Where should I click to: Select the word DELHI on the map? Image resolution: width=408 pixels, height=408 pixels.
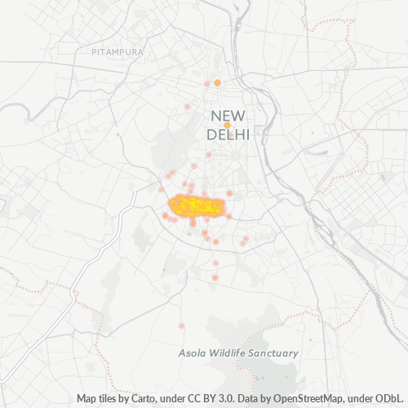229,134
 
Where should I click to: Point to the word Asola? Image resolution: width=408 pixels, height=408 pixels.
193,353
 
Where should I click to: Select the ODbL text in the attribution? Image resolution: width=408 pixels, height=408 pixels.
388,399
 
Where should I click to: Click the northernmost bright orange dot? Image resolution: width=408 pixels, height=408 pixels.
217,82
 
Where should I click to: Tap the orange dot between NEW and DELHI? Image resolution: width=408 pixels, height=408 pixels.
216,126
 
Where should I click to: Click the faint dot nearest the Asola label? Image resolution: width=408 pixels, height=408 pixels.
181,325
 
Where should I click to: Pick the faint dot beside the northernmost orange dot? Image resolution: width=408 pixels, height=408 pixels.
207,83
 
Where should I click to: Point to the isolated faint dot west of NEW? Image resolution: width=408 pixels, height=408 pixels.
187,107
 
